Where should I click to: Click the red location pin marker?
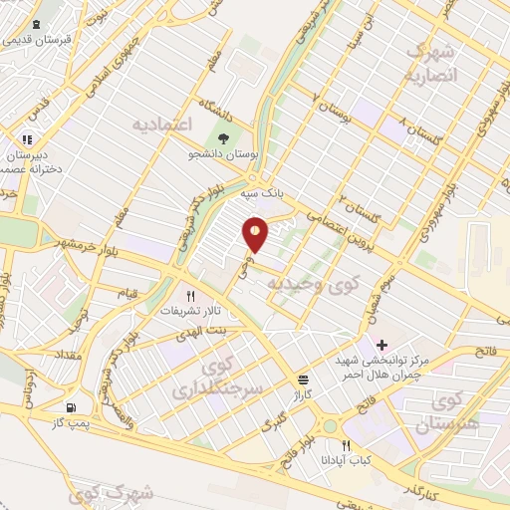[x=255, y=234]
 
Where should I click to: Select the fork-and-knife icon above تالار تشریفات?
[x=191, y=295]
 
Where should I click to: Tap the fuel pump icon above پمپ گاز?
[x=70, y=408]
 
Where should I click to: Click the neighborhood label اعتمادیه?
[x=160, y=124]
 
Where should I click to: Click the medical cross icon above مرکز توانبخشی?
[x=382, y=344]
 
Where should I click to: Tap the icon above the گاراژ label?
[x=303, y=380]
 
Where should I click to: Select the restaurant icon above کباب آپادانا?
[x=346, y=445]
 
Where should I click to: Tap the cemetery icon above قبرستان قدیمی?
[x=35, y=25]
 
